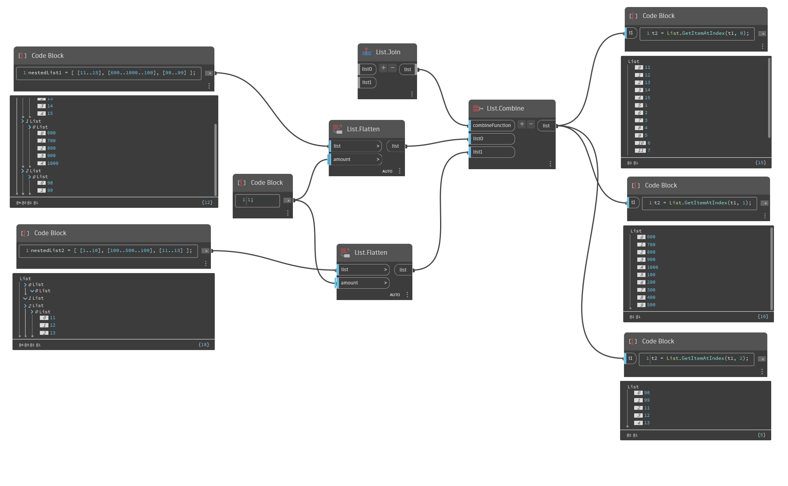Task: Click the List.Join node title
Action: coord(388,52)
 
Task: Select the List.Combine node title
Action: coord(505,109)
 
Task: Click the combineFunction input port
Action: coord(492,125)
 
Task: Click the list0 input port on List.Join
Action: coord(367,69)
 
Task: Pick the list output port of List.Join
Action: coord(408,70)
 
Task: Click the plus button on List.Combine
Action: coord(522,124)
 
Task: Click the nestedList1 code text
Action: coord(112,73)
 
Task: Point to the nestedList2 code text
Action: coord(111,250)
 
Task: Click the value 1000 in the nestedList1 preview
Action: coord(53,163)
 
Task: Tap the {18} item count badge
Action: coord(203,345)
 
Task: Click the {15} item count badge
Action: coord(760,163)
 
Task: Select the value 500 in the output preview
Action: coord(651,305)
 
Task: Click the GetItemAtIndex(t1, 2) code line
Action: coord(700,358)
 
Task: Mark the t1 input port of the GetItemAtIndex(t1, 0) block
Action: coord(631,33)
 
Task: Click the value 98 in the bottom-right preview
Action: coord(647,393)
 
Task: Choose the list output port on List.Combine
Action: coord(546,126)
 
